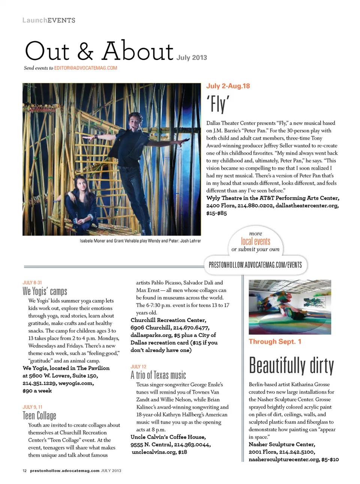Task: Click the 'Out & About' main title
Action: click(x=99, y=51)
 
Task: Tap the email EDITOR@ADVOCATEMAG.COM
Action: click(x=85, y=68)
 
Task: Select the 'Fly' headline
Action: click(x=217, y=104)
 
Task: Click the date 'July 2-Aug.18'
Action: click(x=228, y=86)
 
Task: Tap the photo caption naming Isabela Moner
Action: click(x=140, y=241)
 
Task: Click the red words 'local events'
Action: click(x=255, y=241)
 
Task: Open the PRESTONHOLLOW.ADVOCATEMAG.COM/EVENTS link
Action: click(x=255, y=265)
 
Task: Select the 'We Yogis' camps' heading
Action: click(x=45, y=291)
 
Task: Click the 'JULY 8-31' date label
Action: click(x=32, y=283)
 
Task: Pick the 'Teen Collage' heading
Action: click(x=39, y=415)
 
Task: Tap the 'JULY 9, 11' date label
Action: click(x=33, y=407)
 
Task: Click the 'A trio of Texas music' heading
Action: click(x=158, y=375)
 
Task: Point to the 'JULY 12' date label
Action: click(x=138, y=367)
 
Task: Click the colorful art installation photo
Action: click(x=290, y=307)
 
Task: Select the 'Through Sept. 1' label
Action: click(x=275, y=341)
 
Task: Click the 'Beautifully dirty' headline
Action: click(x=291, y=365)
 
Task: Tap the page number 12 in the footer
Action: click(x=24, y=470)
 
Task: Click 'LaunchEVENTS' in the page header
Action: click(x=49, y=20)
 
